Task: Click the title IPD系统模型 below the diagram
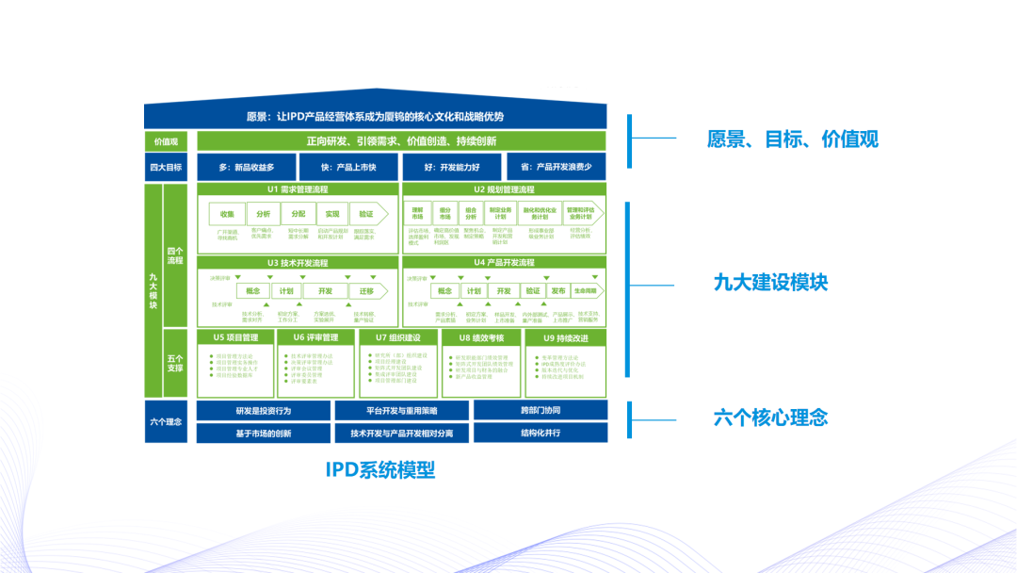(380, 469)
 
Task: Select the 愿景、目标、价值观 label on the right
(792, 139)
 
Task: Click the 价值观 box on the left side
(167, 141)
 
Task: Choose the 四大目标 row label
(167, 168)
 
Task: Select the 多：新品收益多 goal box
(245, 168)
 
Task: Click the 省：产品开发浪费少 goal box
(556, 168)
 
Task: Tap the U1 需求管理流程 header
(297, 189)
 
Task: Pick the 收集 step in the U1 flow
(227, 214)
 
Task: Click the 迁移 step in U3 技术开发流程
(365, 291)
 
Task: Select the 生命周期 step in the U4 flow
(586, 291)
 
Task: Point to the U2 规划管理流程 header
(504, 189)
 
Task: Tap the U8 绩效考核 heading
(482, 337)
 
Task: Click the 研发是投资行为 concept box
(263, 411)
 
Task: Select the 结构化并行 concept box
(540, 434)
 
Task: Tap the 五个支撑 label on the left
(175, 363)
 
